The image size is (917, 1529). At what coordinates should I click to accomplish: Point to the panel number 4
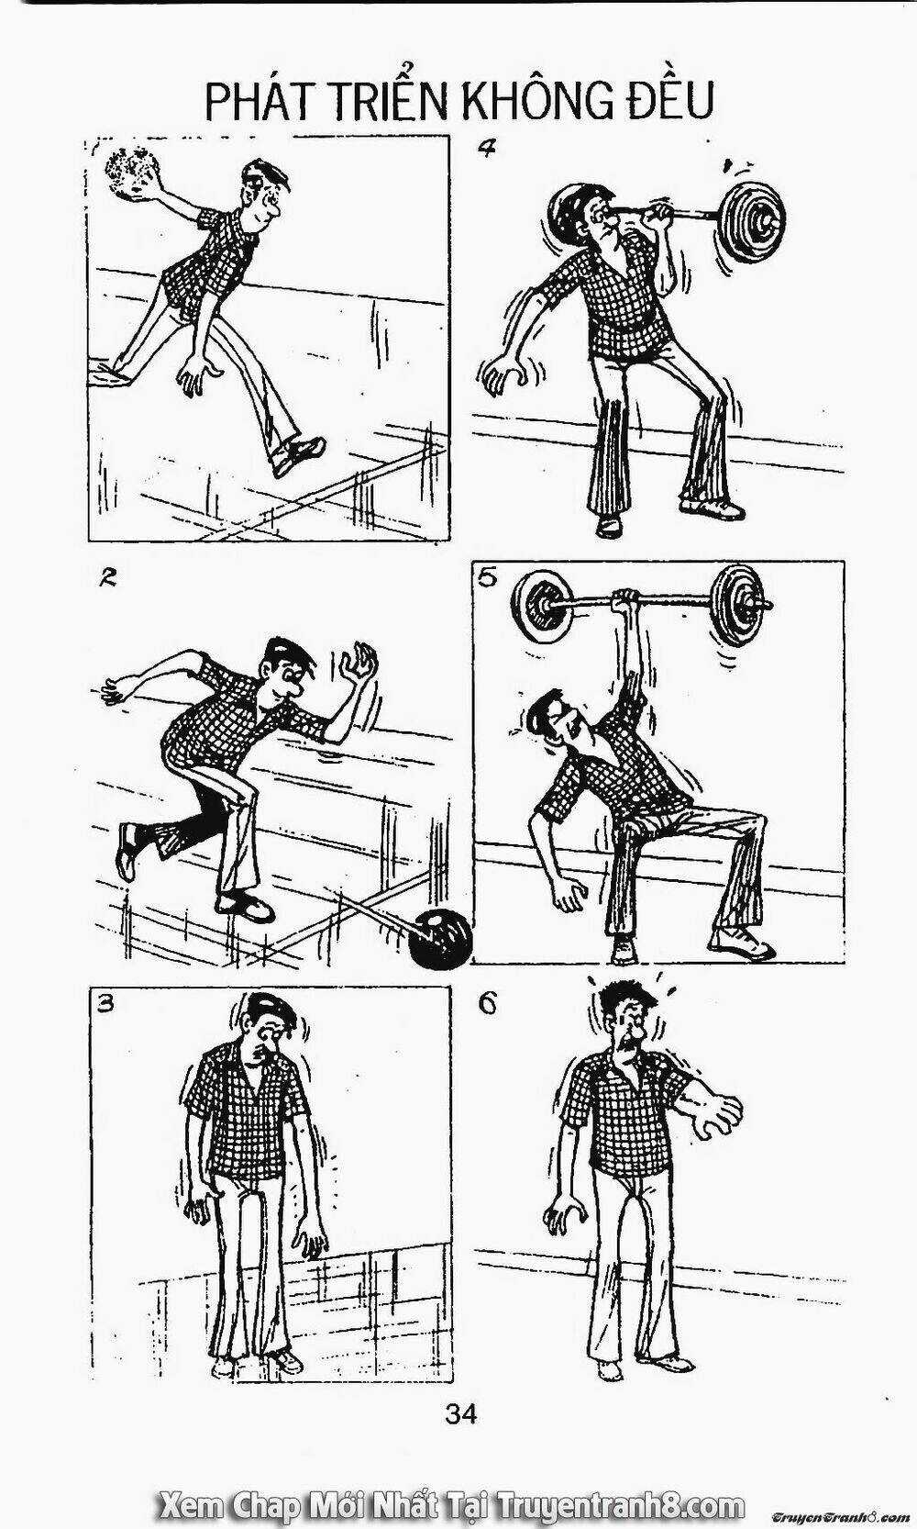[485, 148]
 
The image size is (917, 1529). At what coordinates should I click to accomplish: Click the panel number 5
[487, 579]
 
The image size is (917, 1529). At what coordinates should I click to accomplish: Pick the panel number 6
[486, 1005]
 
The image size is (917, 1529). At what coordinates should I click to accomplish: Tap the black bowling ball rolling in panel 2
[440, 938]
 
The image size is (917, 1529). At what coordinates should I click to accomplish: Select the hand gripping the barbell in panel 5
[626, 604]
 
